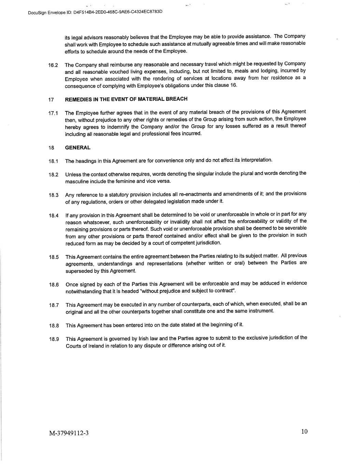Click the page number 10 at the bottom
(304, 432)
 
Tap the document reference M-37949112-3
(69, 433)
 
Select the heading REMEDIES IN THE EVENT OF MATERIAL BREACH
(126, 99)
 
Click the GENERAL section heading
(78, 148)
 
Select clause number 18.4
(54, 216)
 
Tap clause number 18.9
(54, 339)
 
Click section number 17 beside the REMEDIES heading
(51, 100)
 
